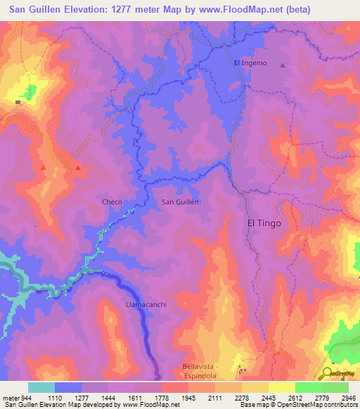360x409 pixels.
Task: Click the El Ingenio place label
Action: (250, 63)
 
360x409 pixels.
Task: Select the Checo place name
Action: (112, 202)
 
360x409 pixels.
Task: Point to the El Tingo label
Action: (264, 223)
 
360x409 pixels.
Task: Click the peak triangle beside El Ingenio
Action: (283, 65)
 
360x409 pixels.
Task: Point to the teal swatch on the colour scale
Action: (41, 387)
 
